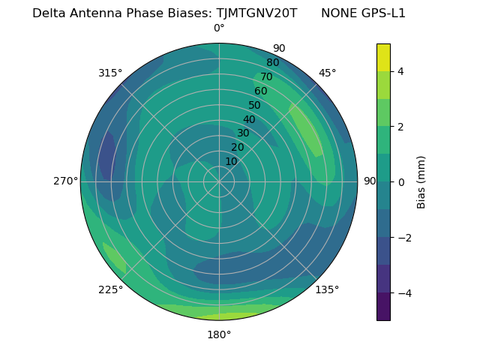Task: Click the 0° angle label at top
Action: point(219,28)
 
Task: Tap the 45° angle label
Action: point(327,73)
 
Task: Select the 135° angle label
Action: point(327,289)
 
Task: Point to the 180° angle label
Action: point(219,334)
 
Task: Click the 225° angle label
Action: point(110,289)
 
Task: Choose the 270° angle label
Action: point(65,181)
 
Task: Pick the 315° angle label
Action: point(110,73)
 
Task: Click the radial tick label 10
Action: point(231,162)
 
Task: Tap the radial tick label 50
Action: point(254,106)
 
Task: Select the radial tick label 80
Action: point(272,63)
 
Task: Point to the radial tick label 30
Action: point(243,133)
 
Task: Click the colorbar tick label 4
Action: point(400,71)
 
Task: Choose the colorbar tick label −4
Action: point(403,293)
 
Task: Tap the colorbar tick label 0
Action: point(400,182)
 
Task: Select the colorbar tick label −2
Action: point(403,238)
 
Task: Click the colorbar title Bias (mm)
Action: point(421,182)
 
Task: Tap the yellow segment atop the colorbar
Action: point(383,58)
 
